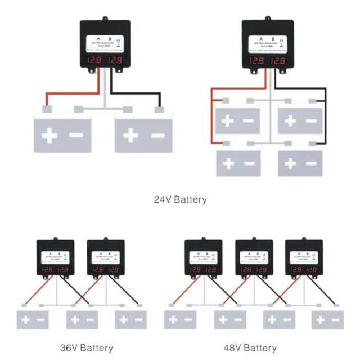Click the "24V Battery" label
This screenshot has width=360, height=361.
[x=180, y=199]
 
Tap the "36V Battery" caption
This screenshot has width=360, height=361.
[x=86, y=347]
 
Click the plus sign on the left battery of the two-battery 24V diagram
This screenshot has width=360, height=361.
[x=50, y=136]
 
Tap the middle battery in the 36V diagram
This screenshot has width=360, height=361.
[x=83, y=320]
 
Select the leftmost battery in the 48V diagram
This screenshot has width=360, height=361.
[x=181, y=320]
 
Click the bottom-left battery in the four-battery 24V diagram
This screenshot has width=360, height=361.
[x=238, y=164]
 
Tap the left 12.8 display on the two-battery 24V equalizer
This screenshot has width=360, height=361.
[x=94, y=60]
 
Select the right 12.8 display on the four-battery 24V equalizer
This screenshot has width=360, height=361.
[x=278, y=60]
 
